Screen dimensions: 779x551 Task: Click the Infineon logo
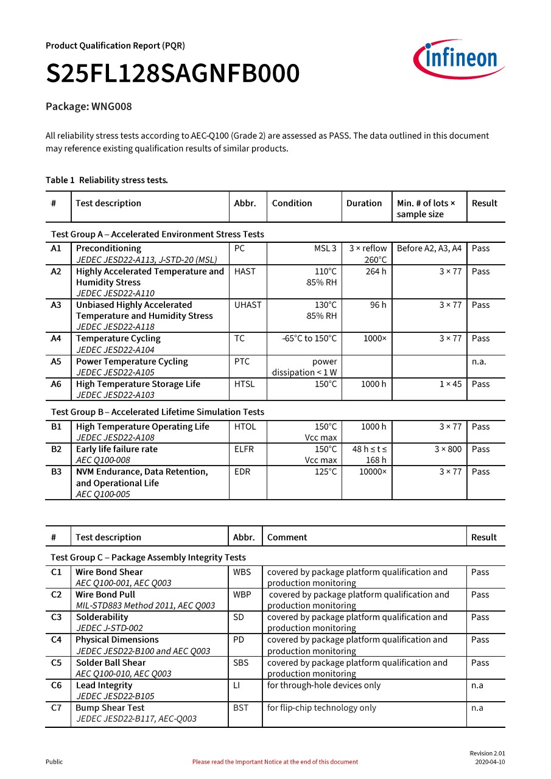coord(459,60)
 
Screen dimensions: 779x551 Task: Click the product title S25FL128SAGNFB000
coord(173,74)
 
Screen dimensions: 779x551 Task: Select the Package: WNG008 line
coord(89,107)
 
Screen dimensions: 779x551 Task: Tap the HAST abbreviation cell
coord(245,271)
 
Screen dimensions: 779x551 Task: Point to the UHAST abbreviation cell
coord(247,305)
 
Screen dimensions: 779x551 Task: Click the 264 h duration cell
coord(376,271)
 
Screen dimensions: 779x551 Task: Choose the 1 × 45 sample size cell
coord(451,384)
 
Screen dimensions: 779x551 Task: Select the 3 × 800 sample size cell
coord(447,449)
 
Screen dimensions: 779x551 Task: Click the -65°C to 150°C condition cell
coord(309,338)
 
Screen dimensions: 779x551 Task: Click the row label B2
coord(57,449)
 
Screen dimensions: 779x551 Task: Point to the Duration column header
coord(364,203)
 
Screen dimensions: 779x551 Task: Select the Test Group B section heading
coord(158,412)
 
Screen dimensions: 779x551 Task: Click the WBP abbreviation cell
coord(242,595)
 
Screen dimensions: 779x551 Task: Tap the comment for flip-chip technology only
coord(321,708)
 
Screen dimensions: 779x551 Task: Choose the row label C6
coord(56,685)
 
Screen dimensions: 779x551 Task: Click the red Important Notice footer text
coord(275,762)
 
